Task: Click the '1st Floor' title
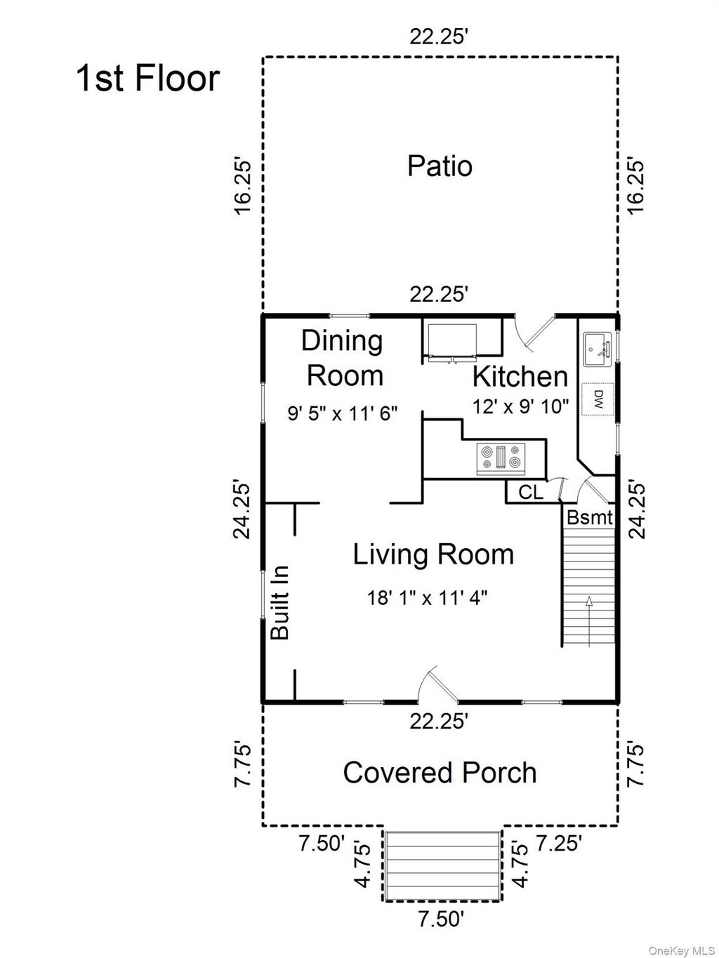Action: [x=147, y=79]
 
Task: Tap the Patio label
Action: [x=440, y=166]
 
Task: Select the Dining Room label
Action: [x=343, y=359]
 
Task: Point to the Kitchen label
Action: [x=520, y=376]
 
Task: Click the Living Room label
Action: [x=433, y=554]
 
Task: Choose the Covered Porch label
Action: [x=440, y=772]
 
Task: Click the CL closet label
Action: [x=531, y=493]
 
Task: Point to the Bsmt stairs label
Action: [x=590, y=518]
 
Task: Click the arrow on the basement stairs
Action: [x=589, y=621]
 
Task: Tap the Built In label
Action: [x=280, y=603]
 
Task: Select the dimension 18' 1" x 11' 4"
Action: [x=427, y=598]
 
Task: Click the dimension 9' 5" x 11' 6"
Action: [x=343, y=413]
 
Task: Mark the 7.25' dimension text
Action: [x=559, y=843]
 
